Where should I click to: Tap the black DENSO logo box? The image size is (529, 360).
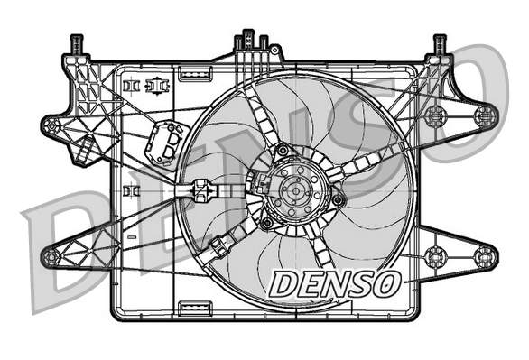tap(335, 282)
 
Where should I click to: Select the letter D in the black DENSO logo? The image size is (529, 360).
tap(283, 282)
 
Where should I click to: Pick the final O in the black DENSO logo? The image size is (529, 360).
tap(386, 282)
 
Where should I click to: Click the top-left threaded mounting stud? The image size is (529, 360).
tap(76, 42)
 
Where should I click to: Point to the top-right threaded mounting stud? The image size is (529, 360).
tap(440, 42)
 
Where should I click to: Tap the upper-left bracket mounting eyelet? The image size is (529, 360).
tap(52, 125)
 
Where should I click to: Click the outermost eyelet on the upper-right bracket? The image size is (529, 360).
tap(485, 114)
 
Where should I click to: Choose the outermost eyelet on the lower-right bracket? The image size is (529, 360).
tap(485, 255)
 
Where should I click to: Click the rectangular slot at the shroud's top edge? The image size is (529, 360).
tap(195, 69)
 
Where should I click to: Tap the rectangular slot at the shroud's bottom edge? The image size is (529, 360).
tap(195, 310)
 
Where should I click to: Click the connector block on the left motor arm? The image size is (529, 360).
tap(202, 191)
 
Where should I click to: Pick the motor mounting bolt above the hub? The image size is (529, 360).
tap(283, 149)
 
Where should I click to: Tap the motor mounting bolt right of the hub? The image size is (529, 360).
tap(338, 199)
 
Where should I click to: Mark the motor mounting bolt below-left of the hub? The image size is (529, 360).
tap(267, 222)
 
